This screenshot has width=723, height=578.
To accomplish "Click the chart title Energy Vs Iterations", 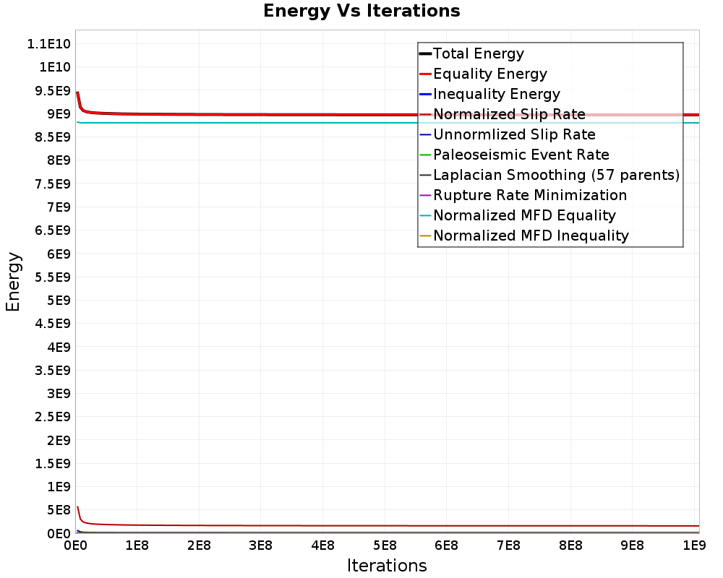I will point(361,12).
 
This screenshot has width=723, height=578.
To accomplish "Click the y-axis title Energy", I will point(12,281).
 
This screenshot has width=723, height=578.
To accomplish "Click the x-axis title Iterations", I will point(387,565).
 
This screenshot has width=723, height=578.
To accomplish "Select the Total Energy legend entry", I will point(478,53).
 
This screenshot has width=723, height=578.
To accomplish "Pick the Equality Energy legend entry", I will point(489,74).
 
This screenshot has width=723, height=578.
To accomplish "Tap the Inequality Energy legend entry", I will point(496,94).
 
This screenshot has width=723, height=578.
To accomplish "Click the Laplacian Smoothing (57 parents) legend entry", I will point(556,175).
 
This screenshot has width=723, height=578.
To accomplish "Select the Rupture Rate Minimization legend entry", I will point(530,195).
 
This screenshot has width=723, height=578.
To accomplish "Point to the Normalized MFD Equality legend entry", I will point(524,215).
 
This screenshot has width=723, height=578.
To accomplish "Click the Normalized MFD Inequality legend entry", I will point(531,236).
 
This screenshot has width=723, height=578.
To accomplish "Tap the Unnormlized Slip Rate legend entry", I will point(514,134).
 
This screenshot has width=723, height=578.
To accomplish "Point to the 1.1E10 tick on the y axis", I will point(48,43).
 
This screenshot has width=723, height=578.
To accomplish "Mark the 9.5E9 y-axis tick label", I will point(52,90).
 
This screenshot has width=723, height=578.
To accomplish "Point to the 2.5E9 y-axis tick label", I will point(52,416).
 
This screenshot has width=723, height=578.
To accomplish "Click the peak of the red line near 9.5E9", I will point(77,92).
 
